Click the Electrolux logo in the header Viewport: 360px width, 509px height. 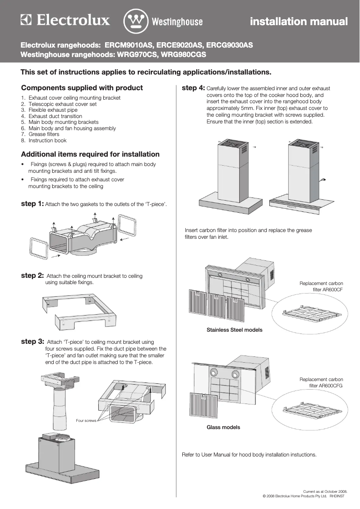click(66, 21)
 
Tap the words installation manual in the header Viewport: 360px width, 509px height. click(299, 22)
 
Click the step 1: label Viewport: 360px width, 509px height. click(32, 204)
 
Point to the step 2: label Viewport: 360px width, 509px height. click(32, 275)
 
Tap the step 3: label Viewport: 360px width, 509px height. click(32, 342)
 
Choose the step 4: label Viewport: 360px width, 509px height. click(193, 88)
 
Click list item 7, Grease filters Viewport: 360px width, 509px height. click(44, 134)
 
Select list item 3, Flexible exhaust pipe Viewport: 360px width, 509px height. click(53, 110)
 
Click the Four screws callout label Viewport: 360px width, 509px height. click(86, 421)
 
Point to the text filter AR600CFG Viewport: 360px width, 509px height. click(326, 386)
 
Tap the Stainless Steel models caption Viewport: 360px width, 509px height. click(234, 330)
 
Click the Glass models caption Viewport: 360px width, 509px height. click(223, 427)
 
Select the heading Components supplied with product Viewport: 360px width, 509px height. click(82, 88)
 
